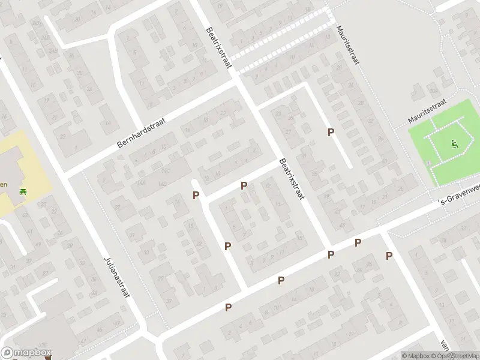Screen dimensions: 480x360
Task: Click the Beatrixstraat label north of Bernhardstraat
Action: [x=218, y=47]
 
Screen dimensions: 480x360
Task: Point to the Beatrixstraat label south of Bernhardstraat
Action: [x=291, y=179]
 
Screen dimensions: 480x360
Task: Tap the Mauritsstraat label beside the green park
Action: [x=428, y=112]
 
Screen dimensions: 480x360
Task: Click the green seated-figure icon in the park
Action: [x=454, y=144]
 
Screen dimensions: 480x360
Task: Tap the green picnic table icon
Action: [x=23, y=191]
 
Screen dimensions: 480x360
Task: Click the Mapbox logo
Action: [x=26, y=353]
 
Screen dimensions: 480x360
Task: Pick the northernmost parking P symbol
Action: [x=331, y=132]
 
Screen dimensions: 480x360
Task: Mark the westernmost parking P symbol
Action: [x=196, y=195]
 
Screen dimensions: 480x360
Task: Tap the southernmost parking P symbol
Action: [x=228, y=307]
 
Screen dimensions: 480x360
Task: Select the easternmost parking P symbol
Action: [x=389, y=256]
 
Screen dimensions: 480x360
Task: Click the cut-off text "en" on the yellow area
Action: [x=4, y=184]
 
